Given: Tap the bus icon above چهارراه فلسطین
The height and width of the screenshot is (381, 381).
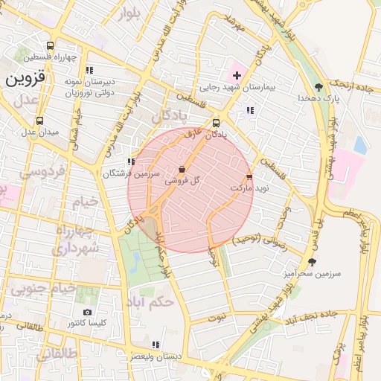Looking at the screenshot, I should pos(49,45).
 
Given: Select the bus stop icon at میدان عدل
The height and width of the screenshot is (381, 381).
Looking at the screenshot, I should pos(39,121).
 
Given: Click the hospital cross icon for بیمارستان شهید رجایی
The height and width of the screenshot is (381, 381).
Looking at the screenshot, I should pos(237,75).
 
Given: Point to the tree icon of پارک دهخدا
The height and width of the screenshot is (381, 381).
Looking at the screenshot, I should pos(319,87).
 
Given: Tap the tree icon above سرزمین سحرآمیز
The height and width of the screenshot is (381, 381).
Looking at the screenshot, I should pos(312,262).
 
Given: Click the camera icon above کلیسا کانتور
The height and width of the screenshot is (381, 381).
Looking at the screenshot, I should pos(88,312).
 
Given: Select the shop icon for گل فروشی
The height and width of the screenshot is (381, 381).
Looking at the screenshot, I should pos(183,170).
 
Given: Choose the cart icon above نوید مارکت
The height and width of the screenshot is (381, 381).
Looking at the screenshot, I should pos(249,177).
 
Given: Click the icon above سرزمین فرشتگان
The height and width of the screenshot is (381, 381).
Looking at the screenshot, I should pos(131,161).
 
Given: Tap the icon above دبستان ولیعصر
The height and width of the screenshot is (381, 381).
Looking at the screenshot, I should pos(155,345).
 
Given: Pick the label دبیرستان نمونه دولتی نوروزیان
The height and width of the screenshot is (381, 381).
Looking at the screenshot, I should pos(71,88).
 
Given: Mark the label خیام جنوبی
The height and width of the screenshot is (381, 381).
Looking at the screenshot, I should pos(48,289).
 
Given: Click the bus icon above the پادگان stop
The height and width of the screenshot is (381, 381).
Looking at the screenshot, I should pos(216,124).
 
